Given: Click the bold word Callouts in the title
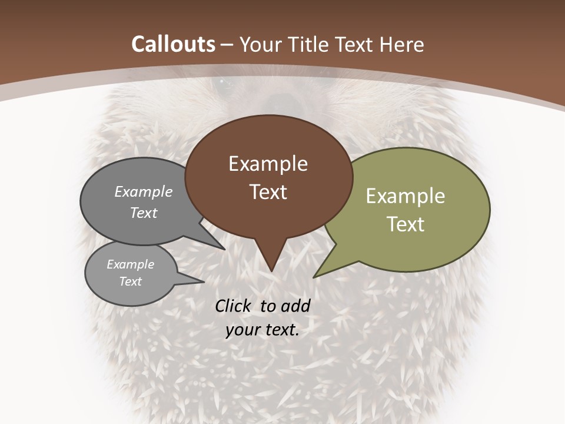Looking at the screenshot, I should [x=173, y=44].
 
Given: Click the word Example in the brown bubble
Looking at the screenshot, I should [x=268, y=164].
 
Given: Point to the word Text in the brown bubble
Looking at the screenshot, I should [x=268, y=192].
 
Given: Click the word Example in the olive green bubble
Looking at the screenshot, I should [x=405, y=196].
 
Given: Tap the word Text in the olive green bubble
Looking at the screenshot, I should [x=405, y=224].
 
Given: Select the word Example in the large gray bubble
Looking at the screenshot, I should [x=144, y=191].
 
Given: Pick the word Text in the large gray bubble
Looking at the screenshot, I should [x=144, y=213].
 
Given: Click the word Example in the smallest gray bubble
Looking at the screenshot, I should [x=130, y=264].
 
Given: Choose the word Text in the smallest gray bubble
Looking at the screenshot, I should [x=130, y=281].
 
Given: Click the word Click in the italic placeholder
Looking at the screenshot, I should [x=234, y=306].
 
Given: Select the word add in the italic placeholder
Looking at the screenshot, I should [x=295, y=306].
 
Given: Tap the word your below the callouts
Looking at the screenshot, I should [x=241, y=330].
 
